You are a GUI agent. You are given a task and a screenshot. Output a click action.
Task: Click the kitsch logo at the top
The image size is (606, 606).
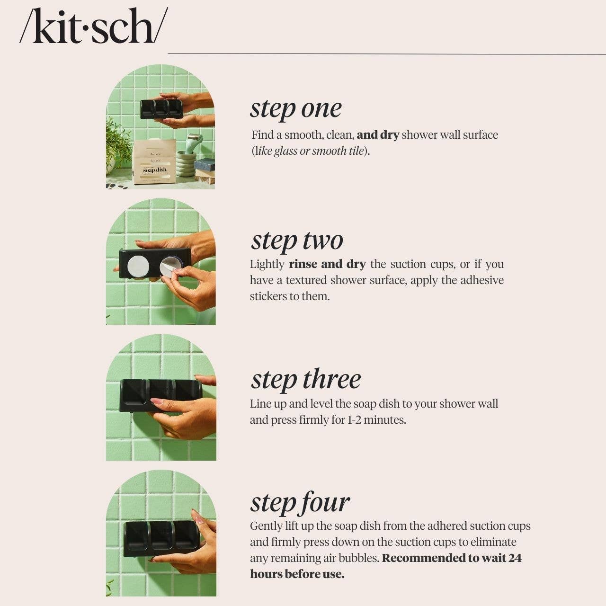pyautogui.click(x=93, y=27)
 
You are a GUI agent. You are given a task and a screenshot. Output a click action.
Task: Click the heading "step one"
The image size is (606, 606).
pyautogui.click(x=295, y=109)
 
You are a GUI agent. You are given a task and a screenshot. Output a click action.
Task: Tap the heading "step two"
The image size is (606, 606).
pyautogui.click(x=297, y=241)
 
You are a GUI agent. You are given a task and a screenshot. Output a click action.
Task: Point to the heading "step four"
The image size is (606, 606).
pyautogui.click(x=300, y=503)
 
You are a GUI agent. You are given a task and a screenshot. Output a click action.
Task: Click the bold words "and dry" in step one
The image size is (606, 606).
pyautogui.click(x=378, y=135)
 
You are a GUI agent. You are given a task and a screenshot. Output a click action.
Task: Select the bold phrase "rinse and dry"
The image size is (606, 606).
pyautogui.click(x=327, y=264)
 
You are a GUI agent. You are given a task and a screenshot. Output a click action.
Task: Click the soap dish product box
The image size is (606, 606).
pyautogui.click(x=154, y=162)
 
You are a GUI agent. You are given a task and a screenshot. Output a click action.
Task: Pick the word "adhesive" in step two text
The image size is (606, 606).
pyautogui.click(x=482, y=280)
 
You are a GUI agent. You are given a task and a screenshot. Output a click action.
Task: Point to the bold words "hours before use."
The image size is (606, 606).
pyautogui.click(x=297, y=574)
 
